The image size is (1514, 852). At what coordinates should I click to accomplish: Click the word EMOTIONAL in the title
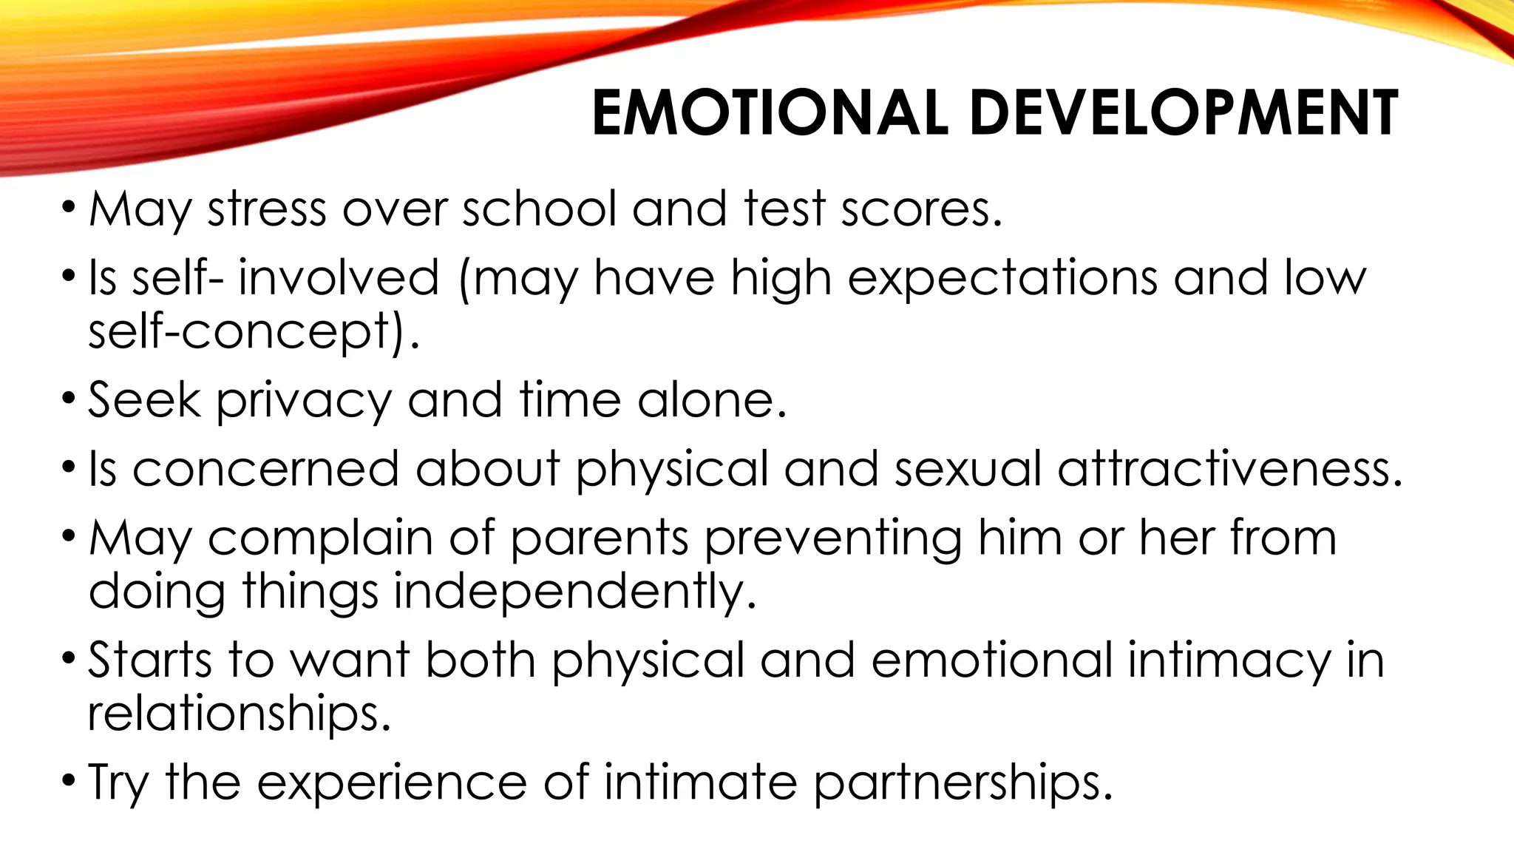click(x=770, y=113)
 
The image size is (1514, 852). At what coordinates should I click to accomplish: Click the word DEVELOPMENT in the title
click(x=1183, y=113)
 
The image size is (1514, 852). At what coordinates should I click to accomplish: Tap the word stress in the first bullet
click(x=267, y=209)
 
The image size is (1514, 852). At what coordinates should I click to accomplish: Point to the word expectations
click(x=1002, y=279)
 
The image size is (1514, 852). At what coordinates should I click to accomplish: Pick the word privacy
click(x=304, y=401)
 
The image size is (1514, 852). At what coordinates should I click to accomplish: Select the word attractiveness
click(x=1229, y=470)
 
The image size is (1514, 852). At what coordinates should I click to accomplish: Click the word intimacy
click(x=1228, y=660)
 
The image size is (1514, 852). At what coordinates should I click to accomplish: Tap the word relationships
click(x=239, y=714)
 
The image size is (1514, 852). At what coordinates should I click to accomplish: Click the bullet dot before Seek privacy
click(x=69, y=399)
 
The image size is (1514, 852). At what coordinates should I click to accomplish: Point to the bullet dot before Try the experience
click(x=69, y=781)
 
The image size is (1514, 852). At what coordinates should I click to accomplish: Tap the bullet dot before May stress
click(x=69, y=208)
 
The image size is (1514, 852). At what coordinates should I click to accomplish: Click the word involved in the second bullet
click(x=339, y=279)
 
